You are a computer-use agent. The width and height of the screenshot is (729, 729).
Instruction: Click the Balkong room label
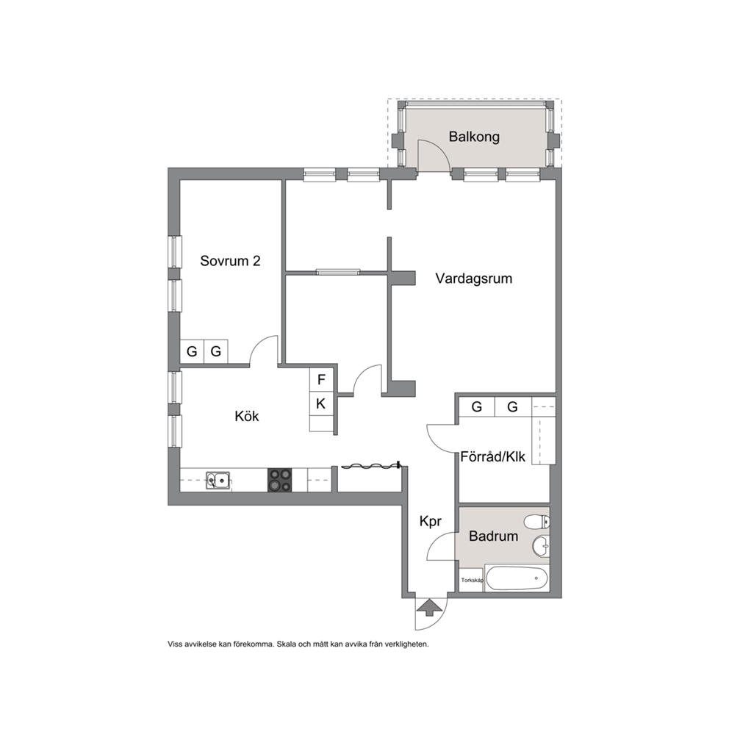coord(474,137)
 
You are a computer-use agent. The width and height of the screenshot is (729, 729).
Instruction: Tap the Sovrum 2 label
coord(230,261)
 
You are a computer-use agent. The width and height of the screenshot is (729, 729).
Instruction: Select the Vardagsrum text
coord(474,279)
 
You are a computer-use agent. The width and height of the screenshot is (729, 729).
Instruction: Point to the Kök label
coord(247,416)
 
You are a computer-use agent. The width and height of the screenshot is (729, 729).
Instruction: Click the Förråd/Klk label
coord(493,456)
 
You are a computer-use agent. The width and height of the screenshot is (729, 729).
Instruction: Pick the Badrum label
coord(493,536)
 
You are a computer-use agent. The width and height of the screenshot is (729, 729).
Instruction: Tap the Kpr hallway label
coord(430,522)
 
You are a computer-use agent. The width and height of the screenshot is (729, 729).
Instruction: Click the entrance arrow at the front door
coord(429,607)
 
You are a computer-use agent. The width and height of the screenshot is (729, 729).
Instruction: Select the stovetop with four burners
coord(280,481)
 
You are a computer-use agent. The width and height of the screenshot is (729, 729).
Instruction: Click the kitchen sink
coord(218,480)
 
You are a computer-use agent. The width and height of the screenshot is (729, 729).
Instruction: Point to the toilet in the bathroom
coord(536,522)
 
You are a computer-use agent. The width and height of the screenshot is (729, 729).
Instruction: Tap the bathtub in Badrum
coord(517,579)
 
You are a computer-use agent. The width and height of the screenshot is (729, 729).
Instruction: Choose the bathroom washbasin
coord(540,546)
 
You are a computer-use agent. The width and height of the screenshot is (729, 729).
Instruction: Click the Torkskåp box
coord(472,581)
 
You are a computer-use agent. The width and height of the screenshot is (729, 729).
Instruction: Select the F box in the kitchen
coord(321,380)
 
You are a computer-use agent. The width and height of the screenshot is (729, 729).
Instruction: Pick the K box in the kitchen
coord(321,404)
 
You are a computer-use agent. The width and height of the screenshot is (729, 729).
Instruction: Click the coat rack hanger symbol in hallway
coord(370,465)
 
